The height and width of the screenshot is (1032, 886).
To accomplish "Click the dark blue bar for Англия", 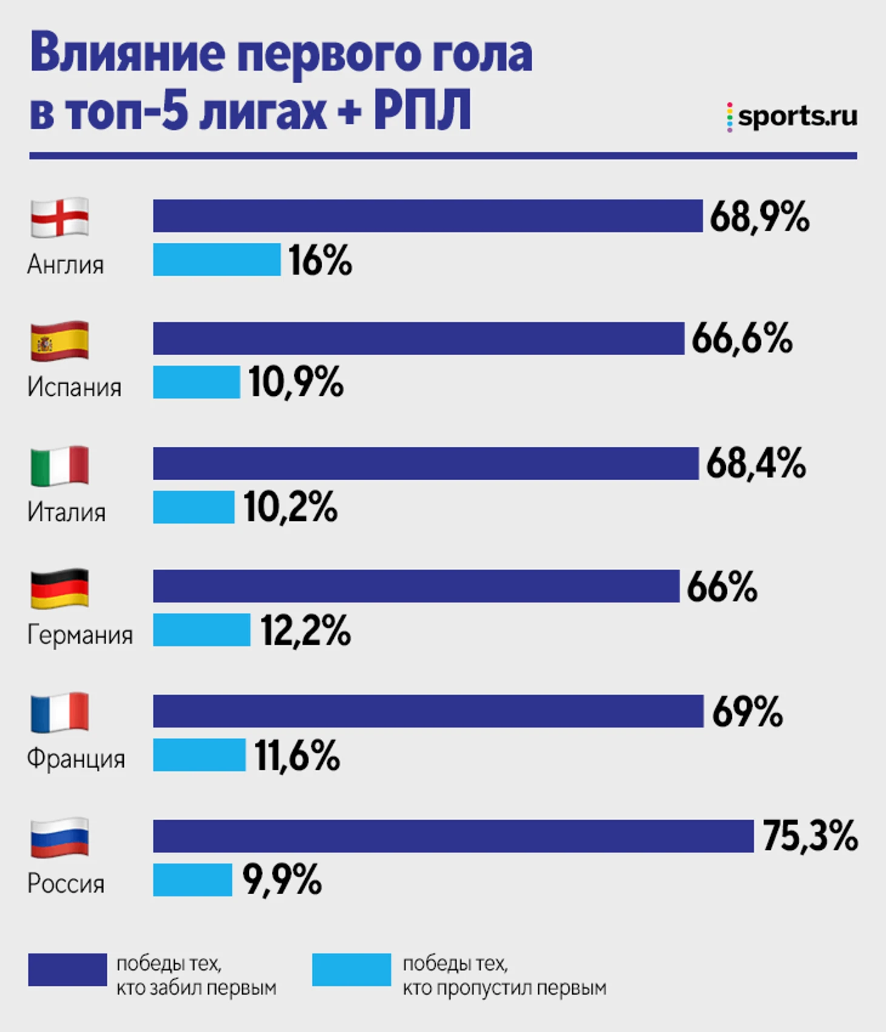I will [427, 216].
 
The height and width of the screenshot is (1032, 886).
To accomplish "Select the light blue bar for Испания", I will [196, 382].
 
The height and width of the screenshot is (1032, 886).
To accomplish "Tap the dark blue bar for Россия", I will [453, 836].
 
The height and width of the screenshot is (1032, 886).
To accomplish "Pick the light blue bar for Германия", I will [201, 630].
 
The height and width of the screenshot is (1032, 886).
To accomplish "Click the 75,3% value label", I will [810, 836].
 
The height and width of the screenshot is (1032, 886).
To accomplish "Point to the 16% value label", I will [320, 260].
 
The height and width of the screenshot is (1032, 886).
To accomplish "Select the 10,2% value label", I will [291, 508].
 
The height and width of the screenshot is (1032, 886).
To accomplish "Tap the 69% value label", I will [747, 711].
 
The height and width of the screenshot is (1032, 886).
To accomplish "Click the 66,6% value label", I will [742, 339].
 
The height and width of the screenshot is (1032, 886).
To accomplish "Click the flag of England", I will [59, 217].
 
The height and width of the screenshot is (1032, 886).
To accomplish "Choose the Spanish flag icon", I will [59, 341].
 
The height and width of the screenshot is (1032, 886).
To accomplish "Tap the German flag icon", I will [59, 588].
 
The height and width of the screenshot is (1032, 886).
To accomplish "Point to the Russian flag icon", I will [59, 837].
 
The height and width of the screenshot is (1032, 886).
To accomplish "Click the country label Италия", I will [66, 512].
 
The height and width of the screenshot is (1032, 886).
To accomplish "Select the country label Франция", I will [76, 759].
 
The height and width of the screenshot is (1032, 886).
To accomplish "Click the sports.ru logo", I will [792, 116].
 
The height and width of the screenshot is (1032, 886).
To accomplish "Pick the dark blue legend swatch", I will [67, 969].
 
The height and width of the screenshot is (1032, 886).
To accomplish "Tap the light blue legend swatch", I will [351, 969].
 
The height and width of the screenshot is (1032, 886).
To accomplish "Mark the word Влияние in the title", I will [127, 55].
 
